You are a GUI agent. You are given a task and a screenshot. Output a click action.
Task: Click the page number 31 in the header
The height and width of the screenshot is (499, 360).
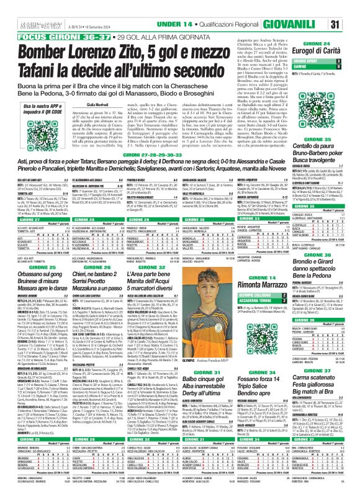[x=351, y=6]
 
